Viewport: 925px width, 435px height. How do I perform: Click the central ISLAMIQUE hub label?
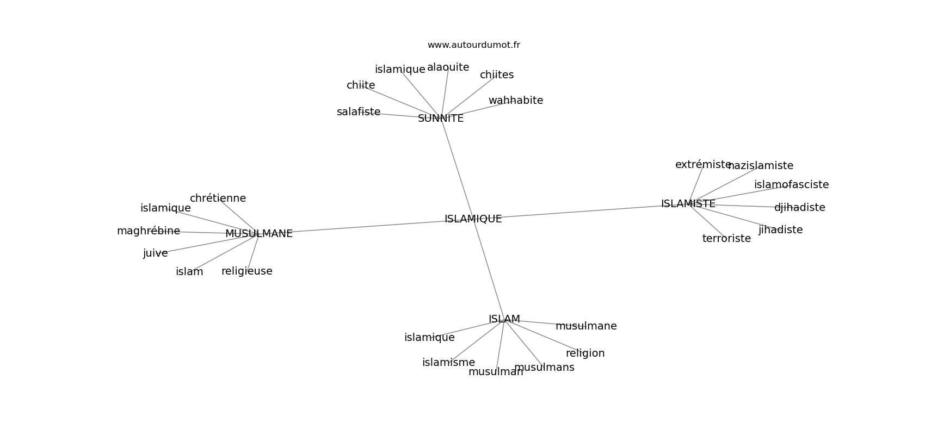(x=473, y=219)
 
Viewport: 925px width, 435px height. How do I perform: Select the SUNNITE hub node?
(x=441, y=119)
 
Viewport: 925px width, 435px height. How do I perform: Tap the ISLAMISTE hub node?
(x=688, y=204)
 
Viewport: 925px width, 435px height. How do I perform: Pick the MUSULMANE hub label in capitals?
(x=259, y=234)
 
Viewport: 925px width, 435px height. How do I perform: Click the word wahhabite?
(x=515, y=101)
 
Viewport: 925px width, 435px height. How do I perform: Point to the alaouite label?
(x=448, y=67)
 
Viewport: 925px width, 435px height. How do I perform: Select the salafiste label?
(x=358, y=112)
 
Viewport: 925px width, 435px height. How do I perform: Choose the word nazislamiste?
(x=761, y=166)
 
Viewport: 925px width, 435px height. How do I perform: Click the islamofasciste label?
(x=791, y=185)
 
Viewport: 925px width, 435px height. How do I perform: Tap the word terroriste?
(x=726, y=239)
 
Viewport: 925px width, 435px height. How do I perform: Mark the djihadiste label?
(x=799, y=208)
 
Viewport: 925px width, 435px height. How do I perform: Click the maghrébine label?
(x=148, y=231)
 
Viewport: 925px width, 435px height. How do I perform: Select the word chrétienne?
(x=218, y=198)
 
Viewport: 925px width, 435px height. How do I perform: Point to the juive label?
(x=155, y=253)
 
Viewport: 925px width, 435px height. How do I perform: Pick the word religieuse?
(x=246, y=271)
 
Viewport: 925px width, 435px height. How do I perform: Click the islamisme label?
(x=448, y=363)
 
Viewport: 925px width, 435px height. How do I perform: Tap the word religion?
(x=585, y=353)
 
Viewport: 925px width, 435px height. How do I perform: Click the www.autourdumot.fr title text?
(x=473, y=45)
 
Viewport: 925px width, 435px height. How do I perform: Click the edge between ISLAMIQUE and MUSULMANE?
(x=370, y=226)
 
